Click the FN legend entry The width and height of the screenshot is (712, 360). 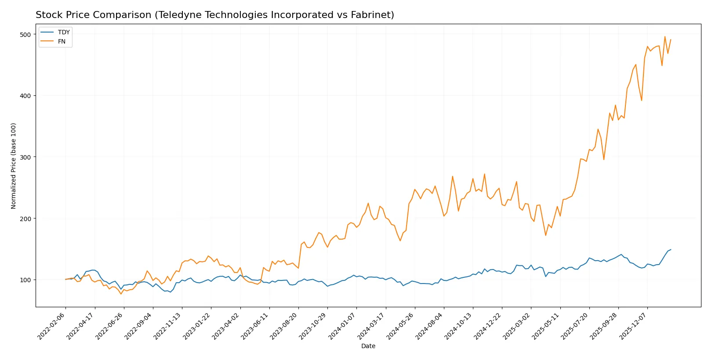click(x=62, y=41)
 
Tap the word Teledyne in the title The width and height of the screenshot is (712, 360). click(x=178, y=15)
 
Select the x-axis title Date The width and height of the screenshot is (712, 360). click(x=368, y=346)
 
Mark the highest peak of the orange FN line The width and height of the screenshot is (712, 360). click(x=665, y=37)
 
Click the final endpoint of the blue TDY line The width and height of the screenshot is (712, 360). click(x=671, y=250)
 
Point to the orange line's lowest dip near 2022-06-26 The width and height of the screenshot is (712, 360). click(x=121, y=294)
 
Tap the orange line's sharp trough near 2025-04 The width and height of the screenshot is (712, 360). click(x=545, y=235)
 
